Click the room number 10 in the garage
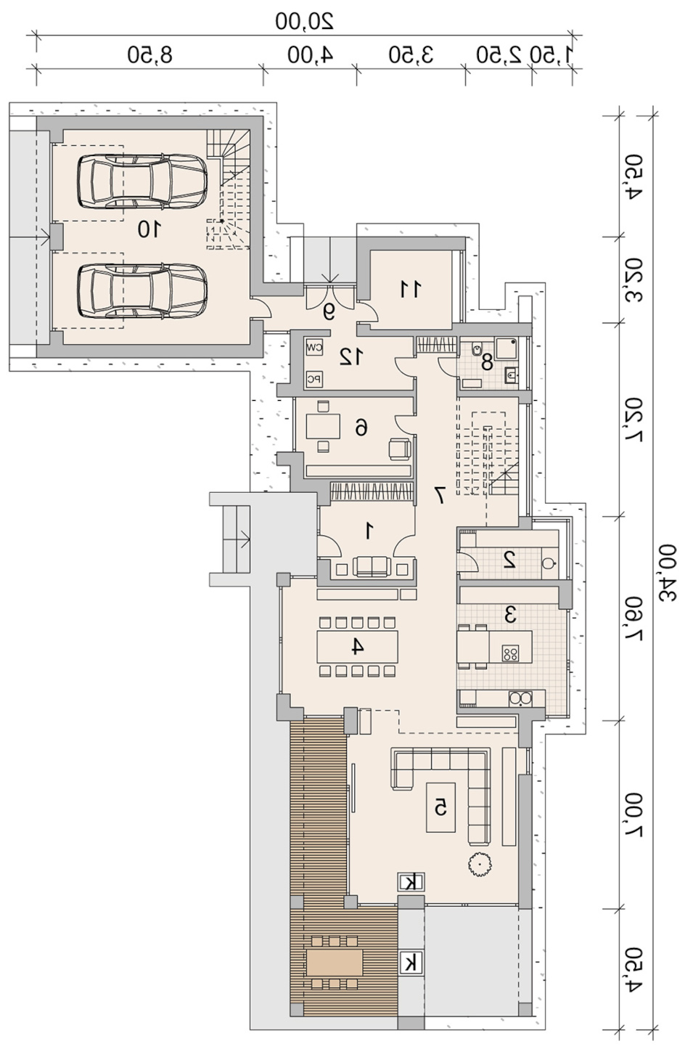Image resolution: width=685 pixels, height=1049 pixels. tap(149, 229)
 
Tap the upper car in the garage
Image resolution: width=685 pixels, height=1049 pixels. tap(142, 181)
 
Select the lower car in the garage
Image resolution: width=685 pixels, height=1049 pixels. tap(142, 292)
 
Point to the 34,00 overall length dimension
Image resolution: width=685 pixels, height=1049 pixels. tap(667, 574)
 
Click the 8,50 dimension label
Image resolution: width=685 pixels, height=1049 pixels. tap(150, 54)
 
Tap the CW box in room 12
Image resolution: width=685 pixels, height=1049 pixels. tap(314, 348)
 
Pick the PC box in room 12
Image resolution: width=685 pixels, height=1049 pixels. tap(314, 379)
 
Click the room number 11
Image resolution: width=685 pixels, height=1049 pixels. tap(410, 289)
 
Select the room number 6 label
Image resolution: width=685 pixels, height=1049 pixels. tap(361, 427)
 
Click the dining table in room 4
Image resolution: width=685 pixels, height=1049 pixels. tap(357, 646)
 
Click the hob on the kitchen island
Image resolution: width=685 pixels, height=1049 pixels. tap(510, 653)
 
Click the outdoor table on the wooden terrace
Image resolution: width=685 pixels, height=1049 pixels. tap(335, 962)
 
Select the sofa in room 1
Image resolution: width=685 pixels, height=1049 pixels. tap(372, 567)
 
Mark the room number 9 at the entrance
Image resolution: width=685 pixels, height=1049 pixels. tap(329, 312)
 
